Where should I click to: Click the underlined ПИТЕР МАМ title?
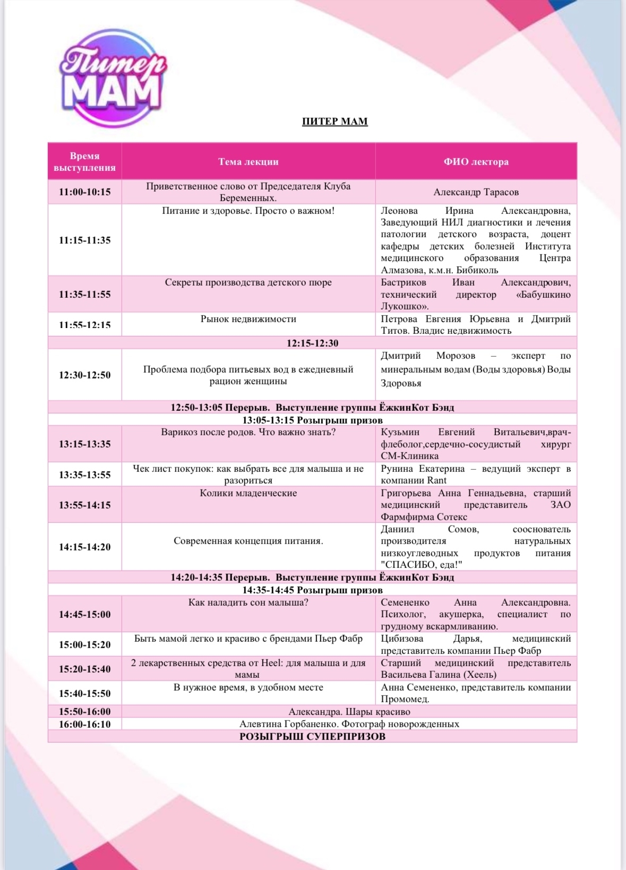[335, 122]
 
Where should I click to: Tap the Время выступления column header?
[84, 162]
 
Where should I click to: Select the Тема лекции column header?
[248, 162]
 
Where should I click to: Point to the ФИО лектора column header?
[476, 162]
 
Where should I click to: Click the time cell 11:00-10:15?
[84, 192]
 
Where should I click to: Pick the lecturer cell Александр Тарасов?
[476, 192]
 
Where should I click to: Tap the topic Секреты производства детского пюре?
[248, 282]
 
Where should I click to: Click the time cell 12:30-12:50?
[84, 375]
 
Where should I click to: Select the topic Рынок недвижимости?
[248, 319]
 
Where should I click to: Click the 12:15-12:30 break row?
[312, 343]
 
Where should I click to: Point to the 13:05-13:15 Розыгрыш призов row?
[312, 420]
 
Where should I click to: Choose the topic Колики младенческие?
[248, 493]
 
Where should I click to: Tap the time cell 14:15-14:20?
[84, 547]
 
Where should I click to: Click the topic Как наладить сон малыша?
[248, 602]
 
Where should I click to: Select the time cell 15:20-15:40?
[84, 669]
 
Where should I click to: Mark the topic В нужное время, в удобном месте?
[248, 687]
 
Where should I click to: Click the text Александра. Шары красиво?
[349, 712]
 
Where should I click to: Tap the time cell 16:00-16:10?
[84, 724]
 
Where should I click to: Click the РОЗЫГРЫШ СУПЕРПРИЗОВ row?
[312, 736]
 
